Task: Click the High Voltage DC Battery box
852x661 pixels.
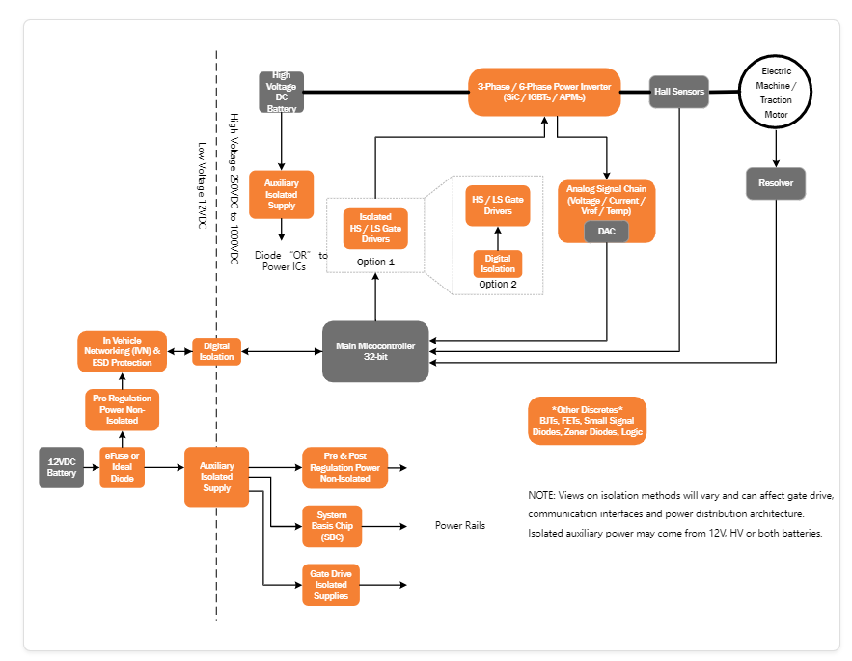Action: click(282, 92)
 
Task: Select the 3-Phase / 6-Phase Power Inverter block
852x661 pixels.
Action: click(544, 92)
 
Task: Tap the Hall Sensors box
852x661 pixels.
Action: click(679, 92)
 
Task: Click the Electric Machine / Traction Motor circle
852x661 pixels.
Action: click(776, 93)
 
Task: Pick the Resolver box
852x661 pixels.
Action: click(775, 183)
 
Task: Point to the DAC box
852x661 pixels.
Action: click(607, 232)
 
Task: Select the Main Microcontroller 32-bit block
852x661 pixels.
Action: click(374, 351)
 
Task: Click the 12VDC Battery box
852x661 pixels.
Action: click(62, 467)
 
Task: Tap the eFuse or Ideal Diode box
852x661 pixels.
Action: click(123, 467)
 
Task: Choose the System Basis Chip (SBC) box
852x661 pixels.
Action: click(332, 526)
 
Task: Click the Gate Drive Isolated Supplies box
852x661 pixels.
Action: click(331, 585)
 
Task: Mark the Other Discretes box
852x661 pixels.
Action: click(587, 421)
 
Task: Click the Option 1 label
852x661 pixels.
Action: click(376, 262)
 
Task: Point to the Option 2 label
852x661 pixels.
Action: click(498, 284)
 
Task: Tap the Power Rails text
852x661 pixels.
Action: click(460, 526)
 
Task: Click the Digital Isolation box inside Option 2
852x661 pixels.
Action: click(498, 263)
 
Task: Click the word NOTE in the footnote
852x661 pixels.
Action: click(541, 495)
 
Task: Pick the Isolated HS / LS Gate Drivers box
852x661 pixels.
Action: click(375, 228)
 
